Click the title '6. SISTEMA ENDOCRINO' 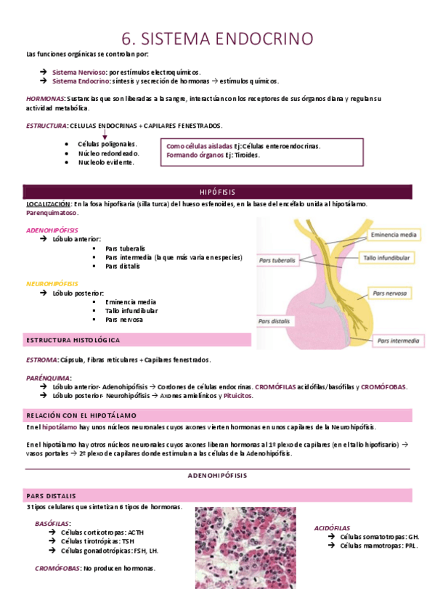click(218, 37)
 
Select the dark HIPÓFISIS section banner click(218, 192)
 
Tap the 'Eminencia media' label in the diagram click(393, 235)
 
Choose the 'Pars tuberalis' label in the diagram click(277, 259)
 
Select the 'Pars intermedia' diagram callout click(398, 339)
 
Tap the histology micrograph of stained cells click(245, 547)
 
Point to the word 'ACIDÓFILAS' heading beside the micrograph click(332, 528)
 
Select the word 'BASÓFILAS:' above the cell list click(53, 523)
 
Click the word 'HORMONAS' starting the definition click(44, 98)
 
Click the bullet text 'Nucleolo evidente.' click(106, 163)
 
